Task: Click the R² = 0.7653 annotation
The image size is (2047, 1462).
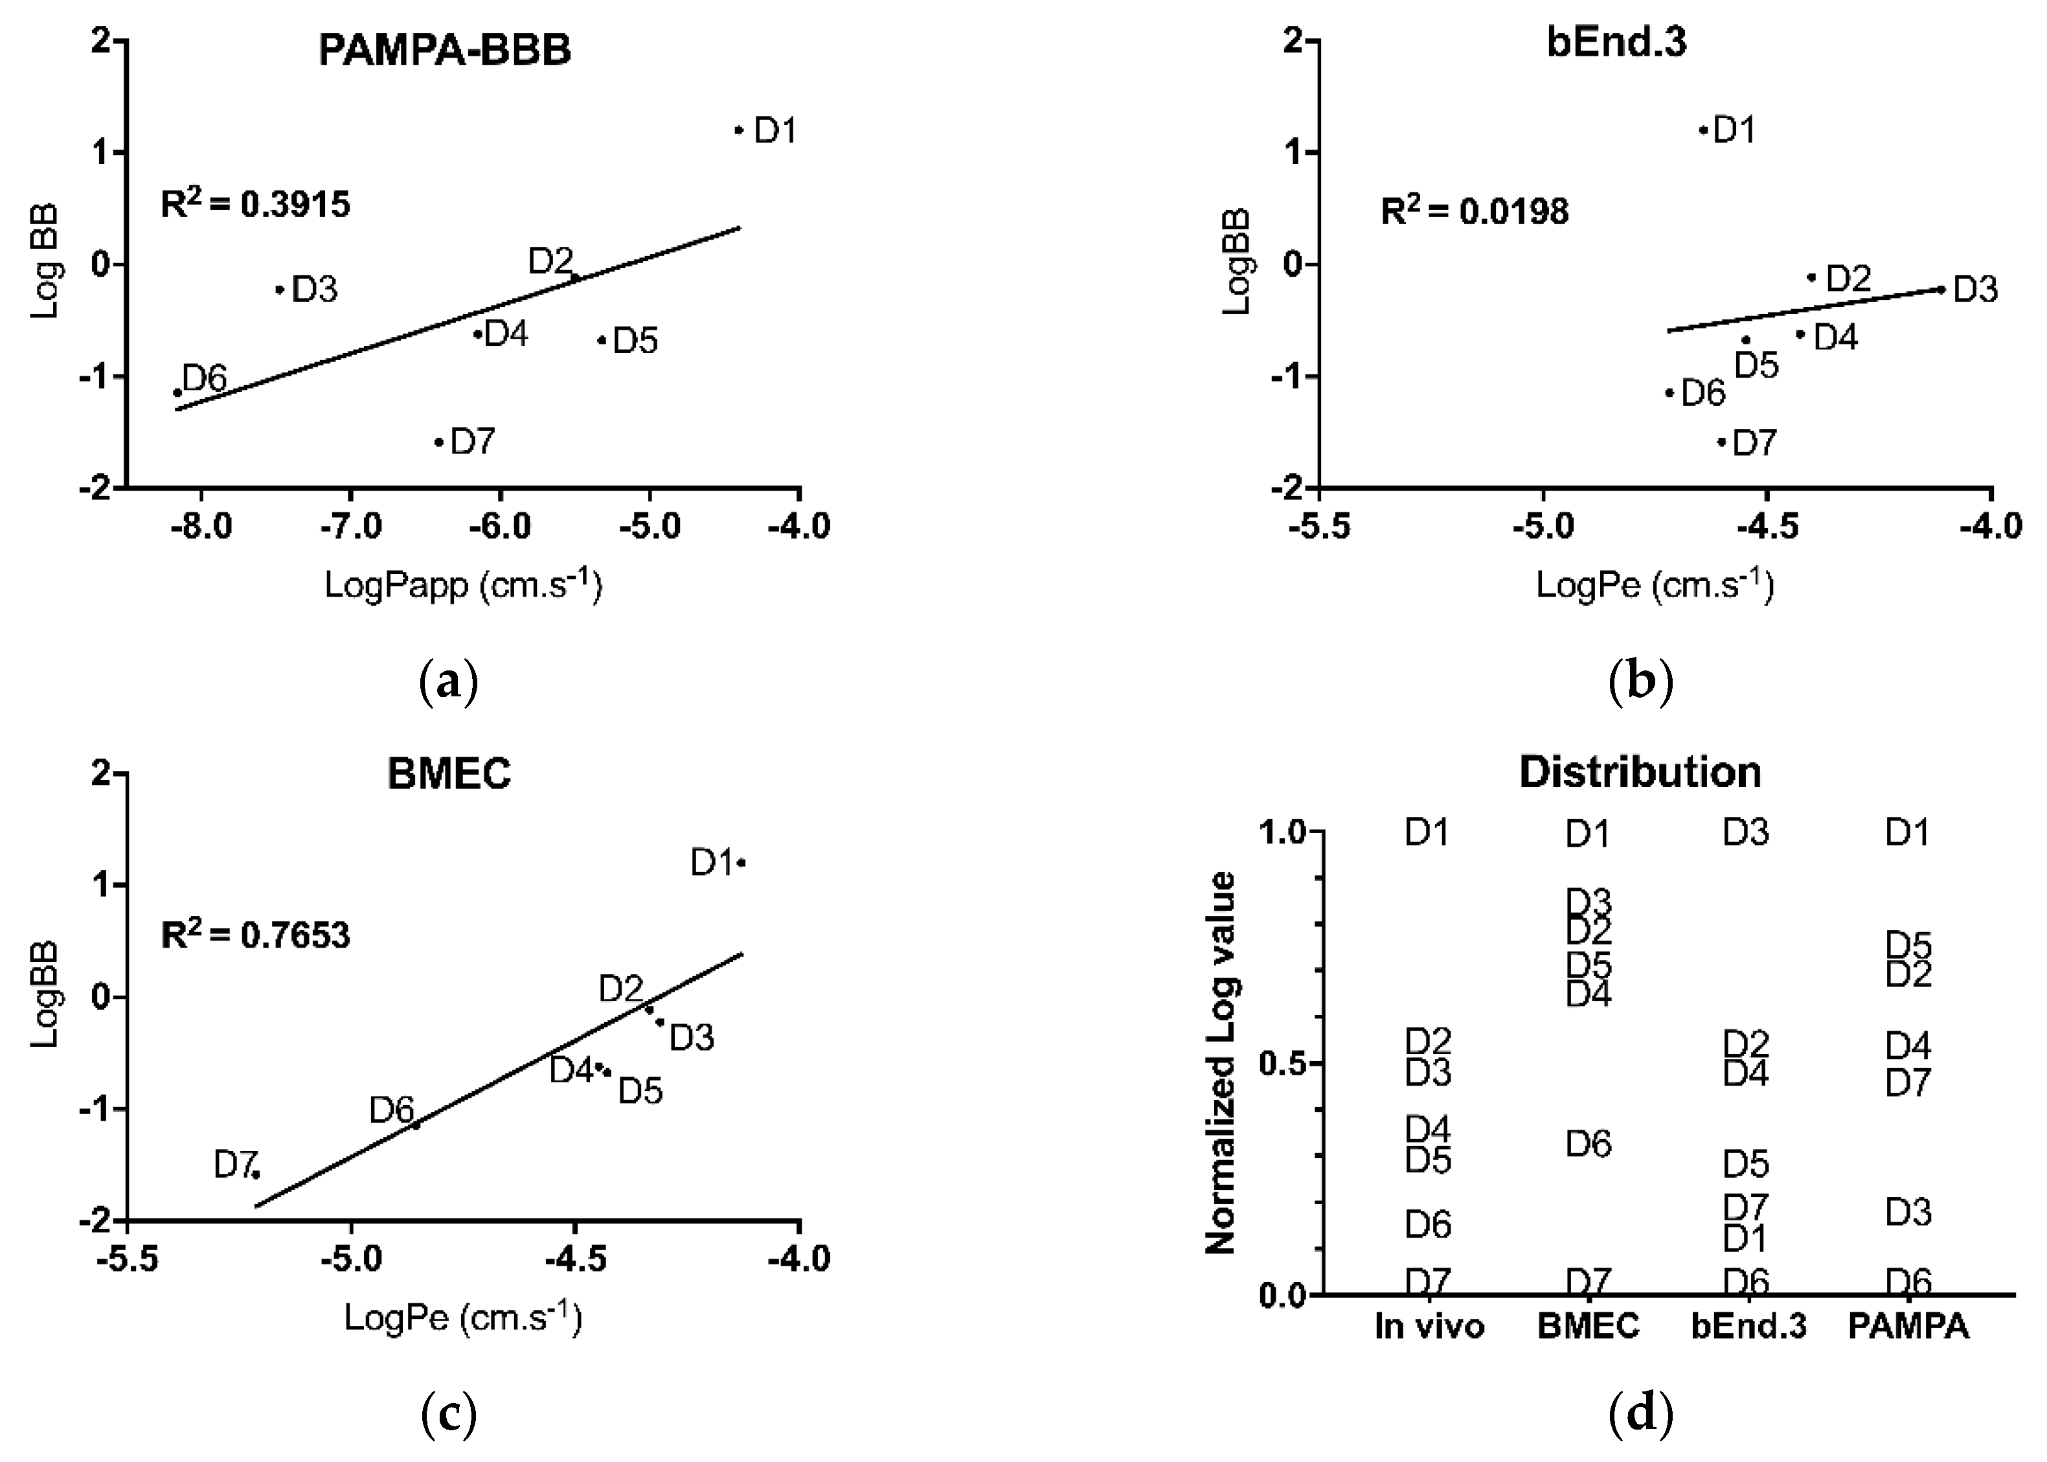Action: click(256, 935)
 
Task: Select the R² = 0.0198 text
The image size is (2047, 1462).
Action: click(1475, 212)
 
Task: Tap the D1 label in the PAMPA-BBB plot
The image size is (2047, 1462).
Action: click(775, 131)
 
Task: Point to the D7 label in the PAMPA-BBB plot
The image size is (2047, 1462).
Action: click(472, 442)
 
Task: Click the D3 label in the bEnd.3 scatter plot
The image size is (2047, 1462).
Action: click(1976, 290)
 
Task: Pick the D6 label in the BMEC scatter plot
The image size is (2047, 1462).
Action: click(391, 1111)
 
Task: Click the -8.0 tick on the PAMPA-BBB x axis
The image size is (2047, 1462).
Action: click(201, 526)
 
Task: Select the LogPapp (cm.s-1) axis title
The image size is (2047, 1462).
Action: click(462, 585)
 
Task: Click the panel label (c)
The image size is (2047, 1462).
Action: click(448, 1416)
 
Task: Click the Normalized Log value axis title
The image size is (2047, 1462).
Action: click(1221, 1062)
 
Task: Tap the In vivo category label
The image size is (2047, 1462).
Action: click(1429, 1326)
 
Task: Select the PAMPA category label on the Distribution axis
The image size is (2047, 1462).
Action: click(1908, 1326)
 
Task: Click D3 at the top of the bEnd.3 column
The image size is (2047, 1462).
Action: click(1746, 833)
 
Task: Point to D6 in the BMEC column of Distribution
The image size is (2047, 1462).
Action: click(1588, 1144)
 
